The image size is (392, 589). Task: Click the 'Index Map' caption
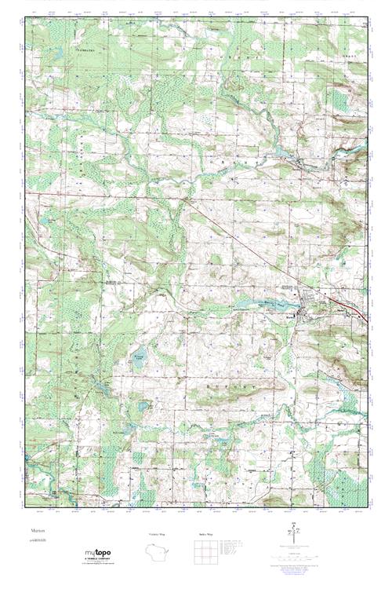(205, 535)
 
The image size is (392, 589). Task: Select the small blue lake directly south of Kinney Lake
(143, 407)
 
